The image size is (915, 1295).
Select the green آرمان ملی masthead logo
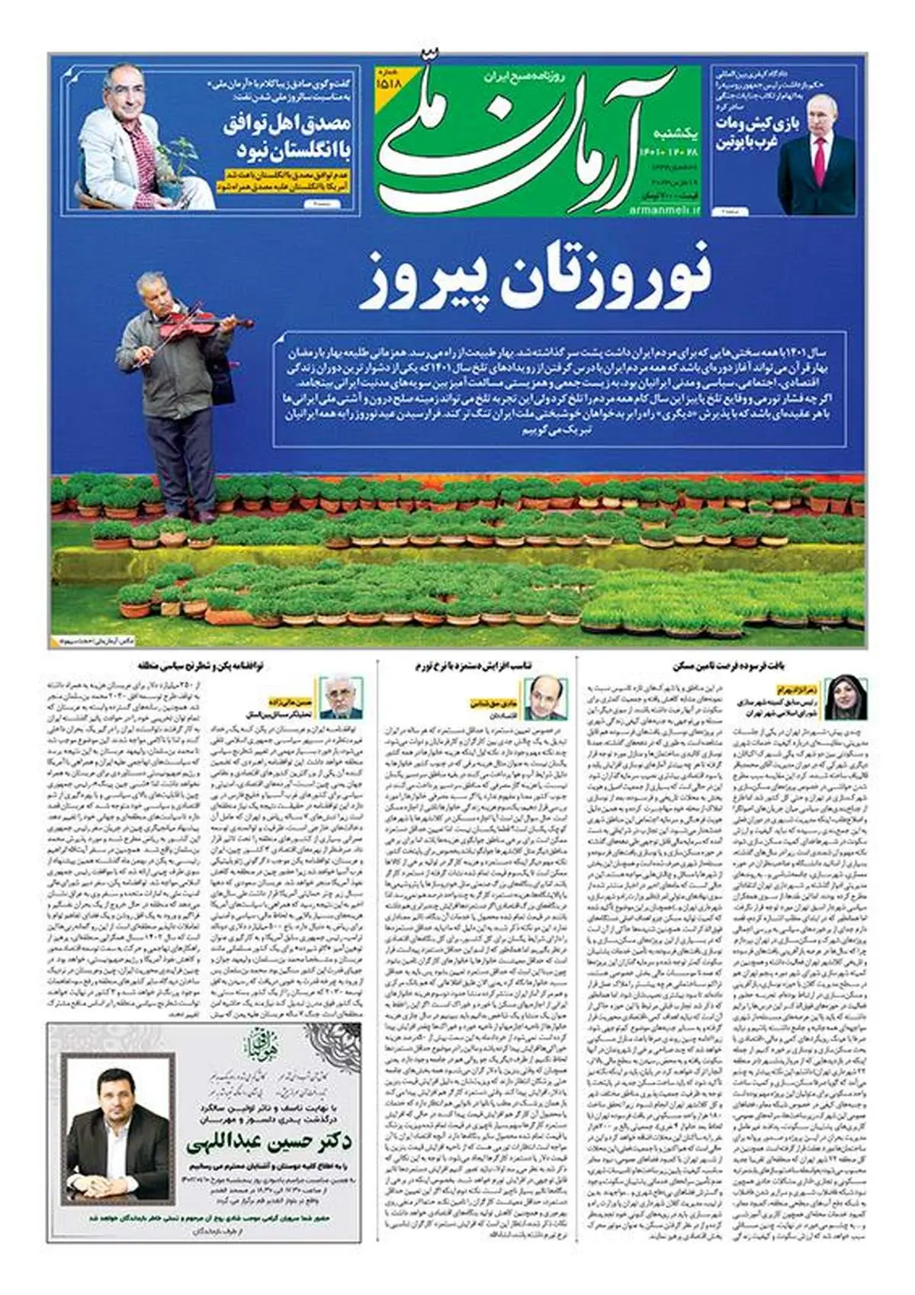coord(534,137)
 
